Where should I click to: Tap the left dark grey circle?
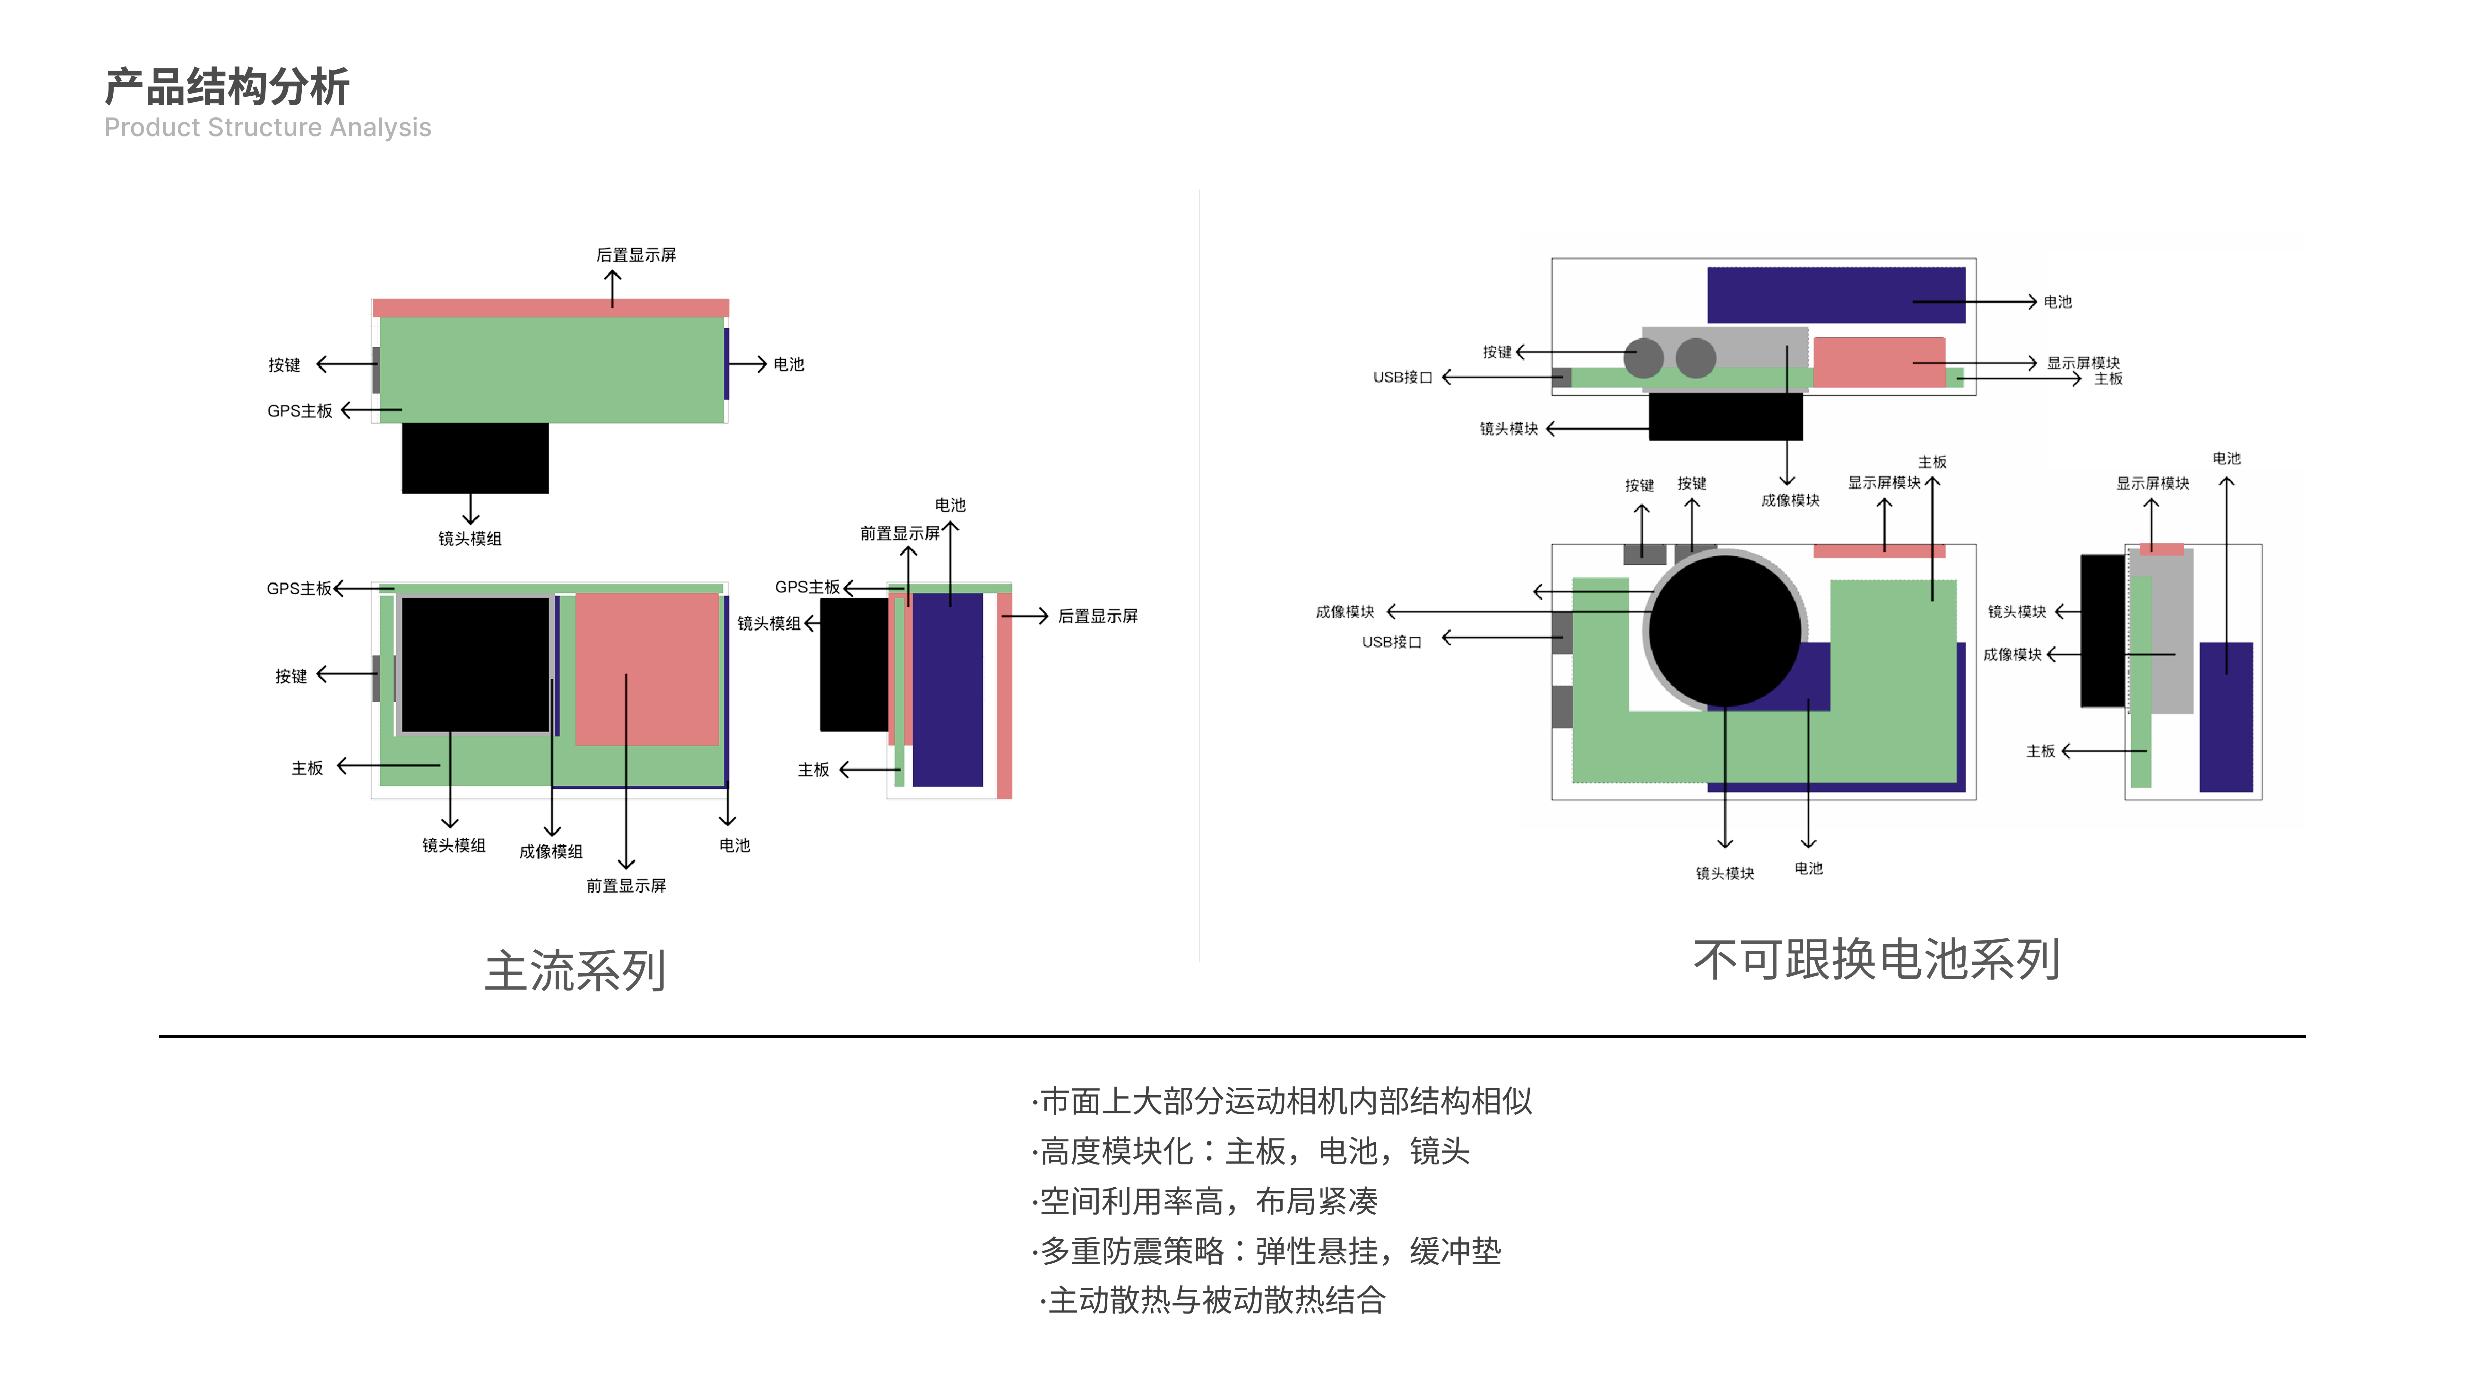coord(1644,358)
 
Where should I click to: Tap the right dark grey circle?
coord(1696,358)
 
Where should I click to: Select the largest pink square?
coord(647,668)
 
